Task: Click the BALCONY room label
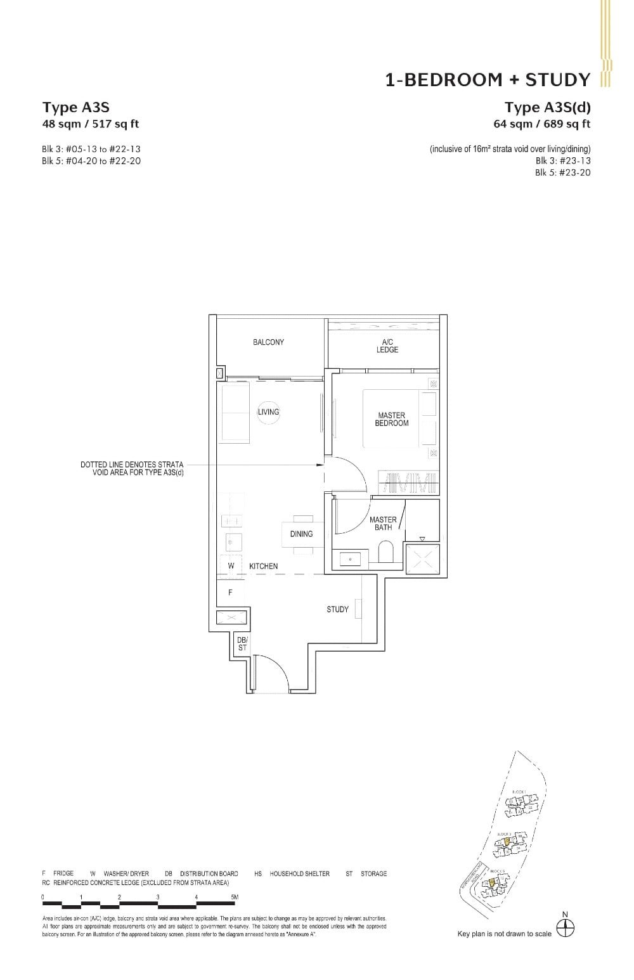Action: click(x=268, y=342)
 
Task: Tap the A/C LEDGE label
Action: click(x=387, y=345)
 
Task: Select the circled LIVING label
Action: click(x=268, y=412)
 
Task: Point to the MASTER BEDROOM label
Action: click(x=391, y=420)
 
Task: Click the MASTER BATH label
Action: click(x=383, y=523)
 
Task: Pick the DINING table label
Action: click(x=301, y=534)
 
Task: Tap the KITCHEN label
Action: click(x=263, y=566)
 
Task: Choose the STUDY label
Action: click(x=337, y=609)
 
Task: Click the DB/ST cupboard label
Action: click(x=242, y=644)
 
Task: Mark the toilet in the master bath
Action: click(x=385, y=551)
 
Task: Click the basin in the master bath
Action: click(x=351, y=558)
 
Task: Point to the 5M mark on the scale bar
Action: click(x=235, y=897)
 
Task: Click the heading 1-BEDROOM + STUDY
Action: click(x=488, y=80)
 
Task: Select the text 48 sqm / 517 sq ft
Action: click(x=91, y=124)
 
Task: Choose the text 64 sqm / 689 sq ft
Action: click(x=542, y=124)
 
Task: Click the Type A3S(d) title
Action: click(x=547, y=107)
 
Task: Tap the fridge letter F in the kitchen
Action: click(x=230, y=593)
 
